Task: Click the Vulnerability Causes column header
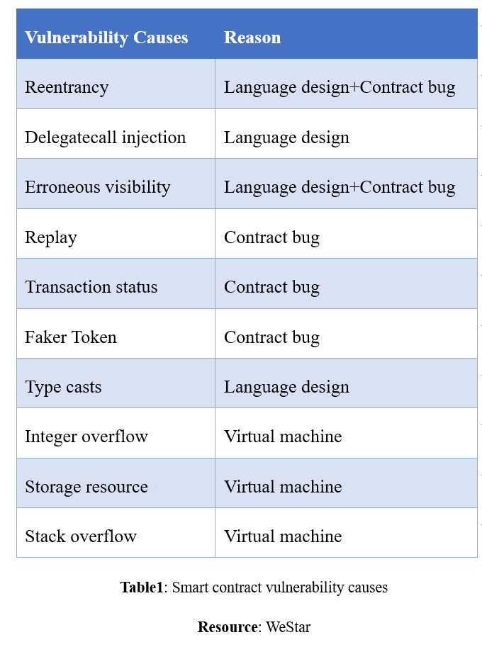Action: (x=106, y=38)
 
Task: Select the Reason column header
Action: (x=252, y=38)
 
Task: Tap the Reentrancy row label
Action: (x=67, y=87)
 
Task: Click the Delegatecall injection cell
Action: (x=105, y=137)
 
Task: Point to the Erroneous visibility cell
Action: (x=98, y=187)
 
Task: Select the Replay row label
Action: (x=51, y=237)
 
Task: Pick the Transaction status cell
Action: (x=91, y=287)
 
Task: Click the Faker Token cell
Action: (x=71, y=337)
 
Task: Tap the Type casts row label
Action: (x=63, y=388)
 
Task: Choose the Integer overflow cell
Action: (x=86, y=437)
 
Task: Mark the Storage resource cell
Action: (x=86, y=487)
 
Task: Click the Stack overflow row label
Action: (x=81, y=536)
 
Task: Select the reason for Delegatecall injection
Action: (x=286, y=137)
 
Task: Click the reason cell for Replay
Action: (x=271, y=237)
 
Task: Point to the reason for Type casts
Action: (x=286, y=388)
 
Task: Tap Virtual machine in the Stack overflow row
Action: (x=283, y=536)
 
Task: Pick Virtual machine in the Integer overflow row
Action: (x=283, y=437)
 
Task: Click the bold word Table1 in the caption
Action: (x=142, y=587)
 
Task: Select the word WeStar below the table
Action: (x=288, y=627)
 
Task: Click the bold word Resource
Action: (x=228, y=627)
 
